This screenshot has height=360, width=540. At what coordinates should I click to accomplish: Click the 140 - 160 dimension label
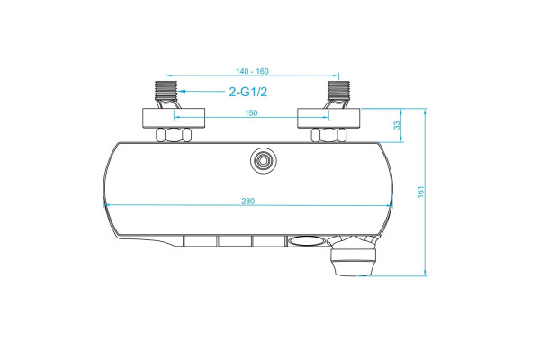tap(252, 71)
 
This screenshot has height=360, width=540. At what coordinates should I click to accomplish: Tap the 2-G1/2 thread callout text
tap(248, 92)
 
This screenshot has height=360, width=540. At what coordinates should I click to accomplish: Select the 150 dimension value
tap(251, 113)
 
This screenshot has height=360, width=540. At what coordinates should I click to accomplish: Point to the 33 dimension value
tap(397, 125)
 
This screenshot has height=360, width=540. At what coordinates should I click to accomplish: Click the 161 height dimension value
tap(421, 192)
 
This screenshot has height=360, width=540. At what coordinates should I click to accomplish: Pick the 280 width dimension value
tap(248, 202)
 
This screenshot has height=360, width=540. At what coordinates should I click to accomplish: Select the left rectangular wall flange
tap(174, 118)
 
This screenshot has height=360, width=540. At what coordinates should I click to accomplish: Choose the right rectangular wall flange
tap(328, 118)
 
